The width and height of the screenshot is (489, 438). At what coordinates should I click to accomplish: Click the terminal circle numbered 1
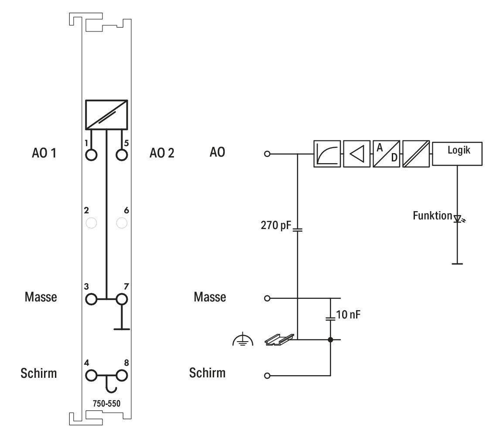[91, 154]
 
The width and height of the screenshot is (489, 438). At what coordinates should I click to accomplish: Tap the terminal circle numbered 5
[122, 154]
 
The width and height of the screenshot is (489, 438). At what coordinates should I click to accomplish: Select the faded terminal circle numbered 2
[91, 223]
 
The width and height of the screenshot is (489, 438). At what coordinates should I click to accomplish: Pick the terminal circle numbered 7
[122, 299]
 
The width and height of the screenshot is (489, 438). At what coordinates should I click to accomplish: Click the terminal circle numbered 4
[91, 376]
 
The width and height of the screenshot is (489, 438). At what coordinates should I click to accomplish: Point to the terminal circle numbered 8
[122, 376]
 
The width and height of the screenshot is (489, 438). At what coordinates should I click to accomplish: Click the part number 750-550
[106, 404]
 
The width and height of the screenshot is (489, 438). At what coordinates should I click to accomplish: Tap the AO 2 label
[162, 153]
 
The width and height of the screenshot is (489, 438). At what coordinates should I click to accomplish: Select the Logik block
[457, 154]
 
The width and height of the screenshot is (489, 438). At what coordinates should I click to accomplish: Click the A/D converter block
[386, 154]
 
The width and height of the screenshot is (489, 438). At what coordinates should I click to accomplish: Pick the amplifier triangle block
[357, 154]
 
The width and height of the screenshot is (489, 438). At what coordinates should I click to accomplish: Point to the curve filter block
[327, 154]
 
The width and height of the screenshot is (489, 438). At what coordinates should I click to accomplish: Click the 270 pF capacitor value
[276, 225]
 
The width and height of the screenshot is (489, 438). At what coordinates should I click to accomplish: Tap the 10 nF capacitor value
[348, 315]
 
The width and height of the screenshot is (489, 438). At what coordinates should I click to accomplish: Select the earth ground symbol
[243, 340]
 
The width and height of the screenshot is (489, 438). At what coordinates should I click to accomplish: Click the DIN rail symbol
[279, 339]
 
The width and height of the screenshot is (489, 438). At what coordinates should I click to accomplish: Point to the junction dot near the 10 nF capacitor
[330, 339]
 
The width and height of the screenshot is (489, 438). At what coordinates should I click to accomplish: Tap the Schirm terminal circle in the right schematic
[267, 376]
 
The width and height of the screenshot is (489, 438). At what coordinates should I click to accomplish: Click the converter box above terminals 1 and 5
[107, 115]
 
